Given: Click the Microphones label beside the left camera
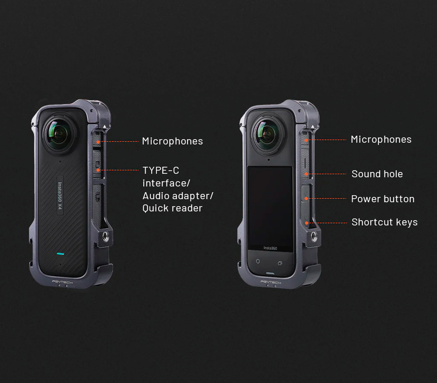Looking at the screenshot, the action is (x=173, y=141).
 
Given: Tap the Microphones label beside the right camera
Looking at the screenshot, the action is (x=381, y=140).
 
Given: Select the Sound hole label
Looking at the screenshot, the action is (x=377, y=174).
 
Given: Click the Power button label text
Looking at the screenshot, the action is (x=383, y=199).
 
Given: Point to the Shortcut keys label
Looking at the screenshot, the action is (x=385, y=222).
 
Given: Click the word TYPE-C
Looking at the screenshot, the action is (x=161, y=170).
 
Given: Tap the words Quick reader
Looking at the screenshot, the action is (x=172, y=208).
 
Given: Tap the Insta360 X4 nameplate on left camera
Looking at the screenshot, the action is (x=60, y=195).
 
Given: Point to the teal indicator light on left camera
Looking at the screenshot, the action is (x=60, y=254).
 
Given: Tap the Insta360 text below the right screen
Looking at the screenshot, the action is (x=270, y=248).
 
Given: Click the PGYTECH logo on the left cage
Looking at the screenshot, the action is (x=62, y=282).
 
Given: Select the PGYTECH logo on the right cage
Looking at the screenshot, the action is (x=271, y=282).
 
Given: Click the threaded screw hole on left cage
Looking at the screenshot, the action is (x=106, y=237).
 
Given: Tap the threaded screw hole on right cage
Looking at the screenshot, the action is (x=314, y=236).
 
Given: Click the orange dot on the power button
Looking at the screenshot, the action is (x=306, y=199).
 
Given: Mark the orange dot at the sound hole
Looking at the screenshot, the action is (x=306, y=174).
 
